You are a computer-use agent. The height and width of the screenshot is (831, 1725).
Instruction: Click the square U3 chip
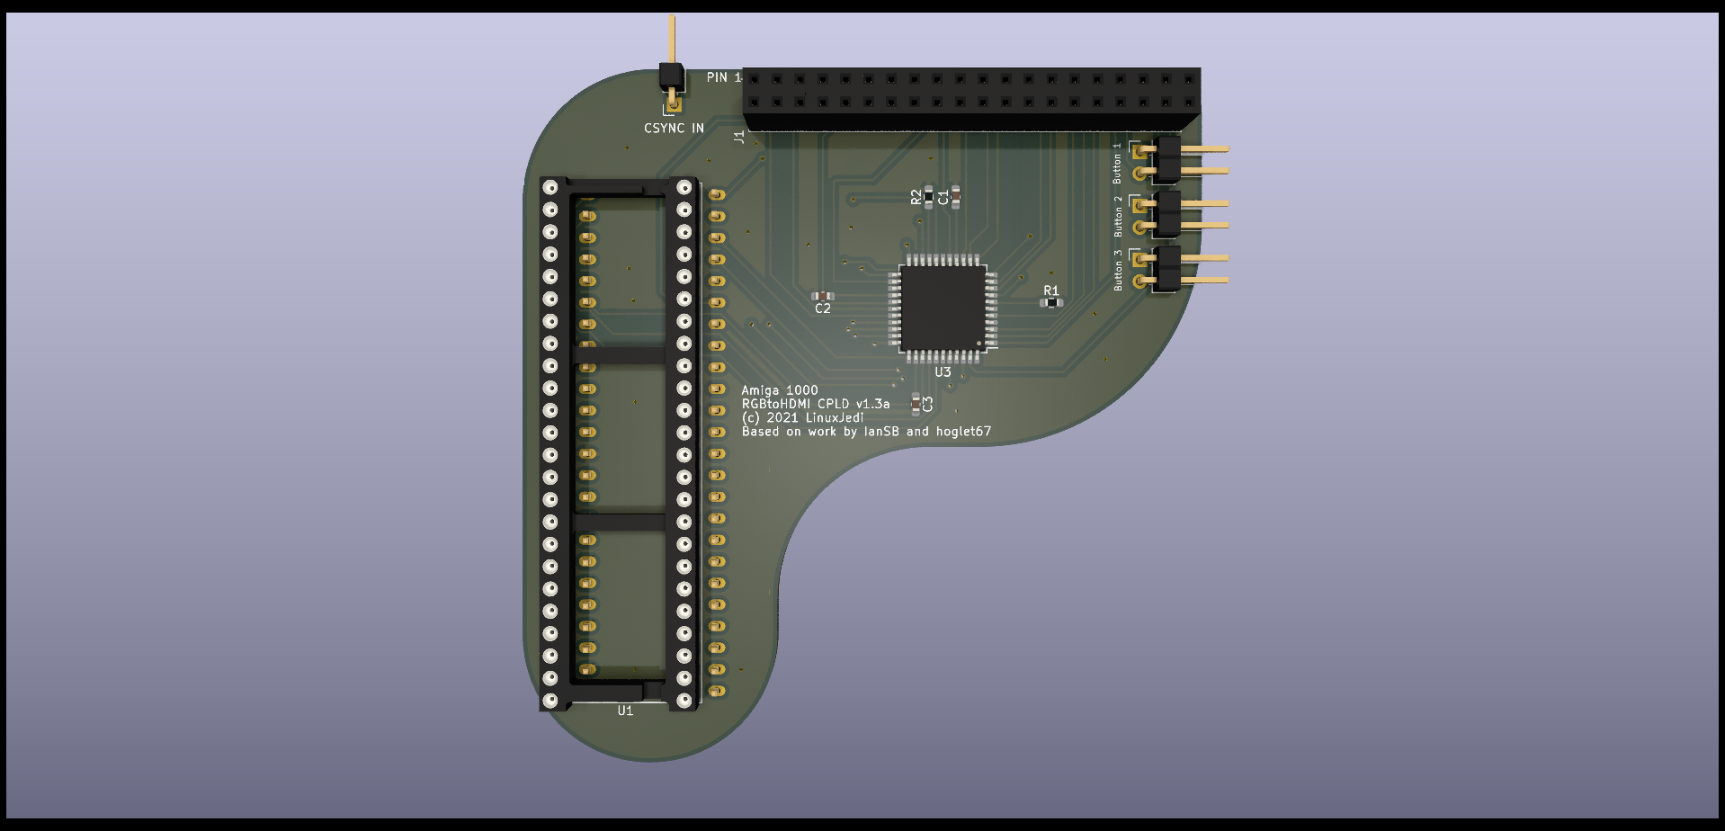click(943, 308)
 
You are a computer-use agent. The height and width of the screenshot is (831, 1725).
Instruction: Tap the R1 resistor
click(1051, 303)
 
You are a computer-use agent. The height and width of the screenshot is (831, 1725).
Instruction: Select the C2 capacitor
click(822, 296)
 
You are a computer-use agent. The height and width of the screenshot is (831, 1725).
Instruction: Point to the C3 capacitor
click(916, 404)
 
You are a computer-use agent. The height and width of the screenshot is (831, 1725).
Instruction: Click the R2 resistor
click(928, 196)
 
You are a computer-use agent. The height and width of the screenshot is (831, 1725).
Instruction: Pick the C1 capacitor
click(955, 196)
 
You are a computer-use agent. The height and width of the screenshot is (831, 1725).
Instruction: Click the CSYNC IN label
click(674, 129)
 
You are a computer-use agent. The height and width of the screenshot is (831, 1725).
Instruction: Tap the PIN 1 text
click(724, 77)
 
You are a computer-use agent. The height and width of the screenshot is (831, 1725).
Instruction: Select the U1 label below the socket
click(625, 710)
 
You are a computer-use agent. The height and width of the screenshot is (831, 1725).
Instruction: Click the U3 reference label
click(943, 371)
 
